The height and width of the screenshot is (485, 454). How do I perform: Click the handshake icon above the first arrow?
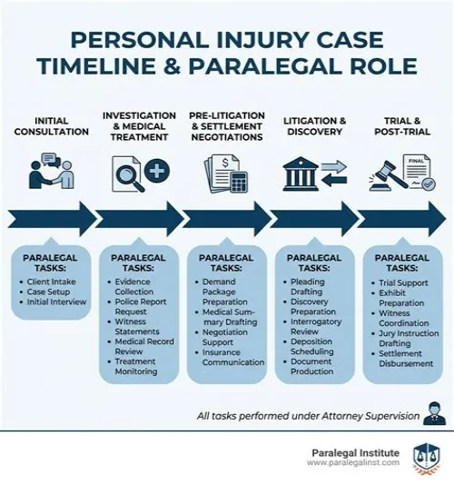point(52,171)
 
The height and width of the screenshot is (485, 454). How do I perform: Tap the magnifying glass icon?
point(129,178)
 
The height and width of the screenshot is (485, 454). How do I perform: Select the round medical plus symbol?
point(157,171)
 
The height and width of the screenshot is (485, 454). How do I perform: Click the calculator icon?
point(239,183)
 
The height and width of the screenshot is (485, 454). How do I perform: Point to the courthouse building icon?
point(301,173)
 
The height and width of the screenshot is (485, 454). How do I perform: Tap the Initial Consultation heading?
point(52,126)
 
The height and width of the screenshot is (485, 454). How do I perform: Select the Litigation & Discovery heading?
point(314,126)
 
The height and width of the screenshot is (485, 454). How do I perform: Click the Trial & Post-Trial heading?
point(402,126)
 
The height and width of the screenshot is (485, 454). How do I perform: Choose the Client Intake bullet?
point(52,282)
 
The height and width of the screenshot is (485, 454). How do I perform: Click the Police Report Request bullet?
point(141,306)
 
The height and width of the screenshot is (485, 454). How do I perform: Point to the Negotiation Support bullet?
point(225,337)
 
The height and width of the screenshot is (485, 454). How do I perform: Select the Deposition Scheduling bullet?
point(312,346)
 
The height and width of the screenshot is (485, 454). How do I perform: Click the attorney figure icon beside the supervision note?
point(435,413)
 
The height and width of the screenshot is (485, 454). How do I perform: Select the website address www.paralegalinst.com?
point(353,462)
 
